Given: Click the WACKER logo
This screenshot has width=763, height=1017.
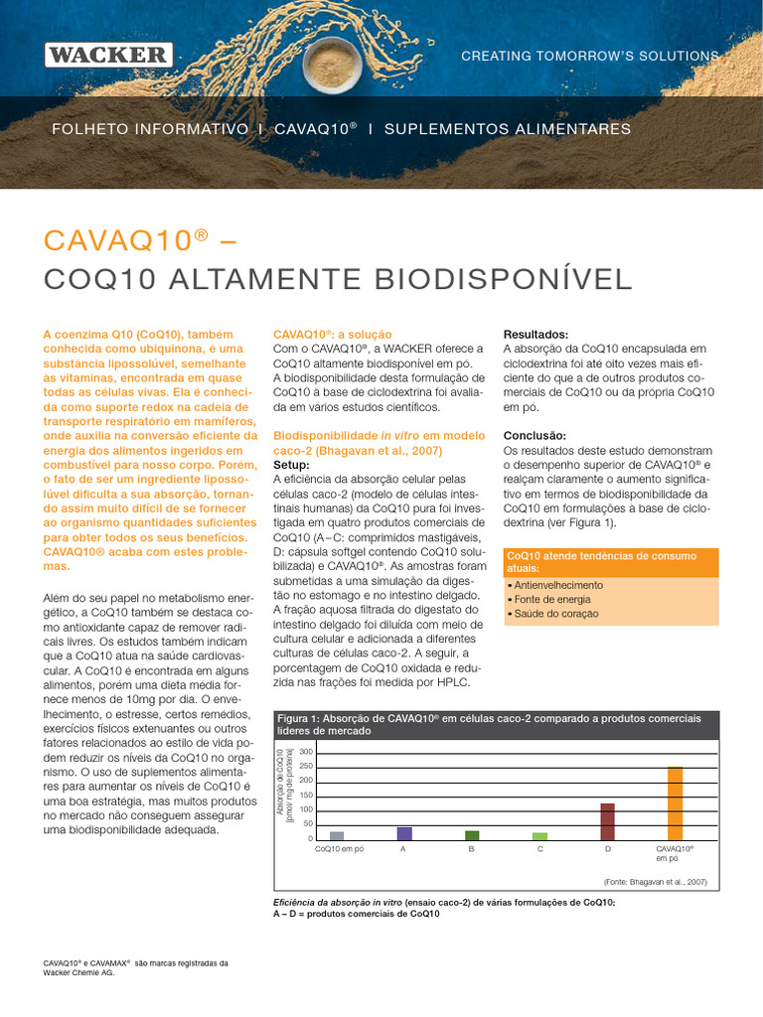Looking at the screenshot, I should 108,55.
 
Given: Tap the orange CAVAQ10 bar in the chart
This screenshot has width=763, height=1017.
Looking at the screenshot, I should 675,803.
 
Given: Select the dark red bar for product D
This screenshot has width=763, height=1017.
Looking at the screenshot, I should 607,821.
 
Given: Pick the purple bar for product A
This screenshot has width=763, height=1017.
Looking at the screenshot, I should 404,833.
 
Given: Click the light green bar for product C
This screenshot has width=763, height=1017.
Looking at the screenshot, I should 539,836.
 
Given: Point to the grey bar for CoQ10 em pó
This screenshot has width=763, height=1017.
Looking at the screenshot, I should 337,836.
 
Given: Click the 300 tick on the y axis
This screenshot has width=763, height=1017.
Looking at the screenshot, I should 306,752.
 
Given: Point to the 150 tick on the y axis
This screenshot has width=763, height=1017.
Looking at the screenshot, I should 306,796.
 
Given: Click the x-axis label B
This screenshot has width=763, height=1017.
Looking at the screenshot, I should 472,850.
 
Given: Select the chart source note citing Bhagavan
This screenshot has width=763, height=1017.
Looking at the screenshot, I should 655,881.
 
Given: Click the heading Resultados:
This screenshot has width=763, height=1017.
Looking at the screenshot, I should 535,335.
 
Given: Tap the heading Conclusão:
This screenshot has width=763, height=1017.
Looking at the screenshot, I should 534,436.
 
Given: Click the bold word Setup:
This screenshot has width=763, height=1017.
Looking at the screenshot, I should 291,465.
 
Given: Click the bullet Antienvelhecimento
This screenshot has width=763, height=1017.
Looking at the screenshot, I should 559,585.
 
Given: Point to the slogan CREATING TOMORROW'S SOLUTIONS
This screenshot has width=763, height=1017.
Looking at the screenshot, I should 590,57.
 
